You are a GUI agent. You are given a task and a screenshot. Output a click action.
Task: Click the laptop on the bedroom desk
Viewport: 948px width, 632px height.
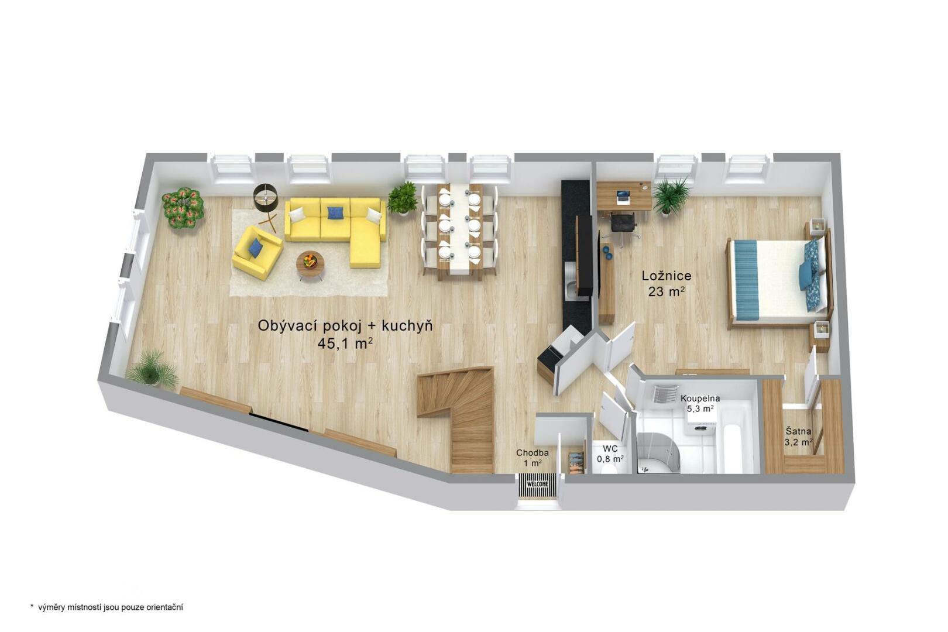tap(623, 196)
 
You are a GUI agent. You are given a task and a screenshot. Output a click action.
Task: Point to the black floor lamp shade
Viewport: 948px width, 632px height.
tap(265, 197)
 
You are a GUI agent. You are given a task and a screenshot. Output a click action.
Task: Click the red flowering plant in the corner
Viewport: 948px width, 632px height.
tap(183, 209)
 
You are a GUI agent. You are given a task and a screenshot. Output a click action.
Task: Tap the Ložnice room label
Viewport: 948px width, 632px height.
tap(667, 276)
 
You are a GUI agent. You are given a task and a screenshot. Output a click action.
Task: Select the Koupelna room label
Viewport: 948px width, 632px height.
tap(700, 399)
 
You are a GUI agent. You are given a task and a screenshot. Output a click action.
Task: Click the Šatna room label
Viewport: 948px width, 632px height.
tap(798, 431)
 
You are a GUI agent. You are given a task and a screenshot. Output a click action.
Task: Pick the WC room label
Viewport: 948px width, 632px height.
tap(610, 449)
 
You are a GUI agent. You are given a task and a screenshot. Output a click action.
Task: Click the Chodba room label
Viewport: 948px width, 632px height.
tap(532, 453)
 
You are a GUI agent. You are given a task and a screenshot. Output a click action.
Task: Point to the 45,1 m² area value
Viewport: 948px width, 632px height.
tap(345, 344)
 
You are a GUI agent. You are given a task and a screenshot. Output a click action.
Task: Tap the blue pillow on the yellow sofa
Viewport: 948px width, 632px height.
tap(335, 212)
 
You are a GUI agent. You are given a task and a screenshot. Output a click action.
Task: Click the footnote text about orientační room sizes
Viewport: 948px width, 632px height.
tap(107, 607)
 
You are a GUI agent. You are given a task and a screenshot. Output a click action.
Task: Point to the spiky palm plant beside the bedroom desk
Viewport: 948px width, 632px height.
tap(671, 195)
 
